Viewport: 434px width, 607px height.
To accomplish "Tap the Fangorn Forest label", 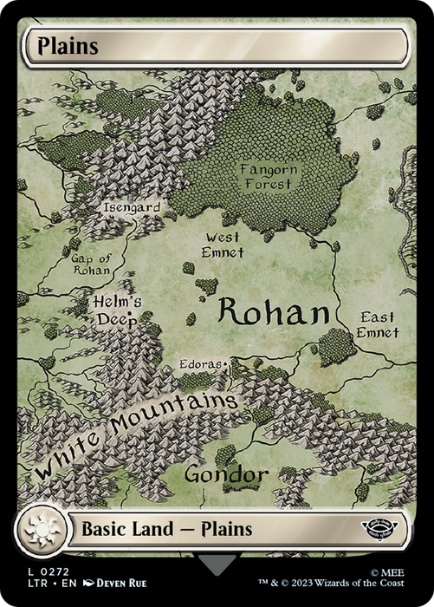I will click(269, 176).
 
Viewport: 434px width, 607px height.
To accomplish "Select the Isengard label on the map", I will click(132, 208).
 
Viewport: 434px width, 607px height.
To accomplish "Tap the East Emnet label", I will click(378, 325).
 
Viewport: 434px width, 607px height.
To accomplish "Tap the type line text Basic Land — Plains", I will click(166, 528).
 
